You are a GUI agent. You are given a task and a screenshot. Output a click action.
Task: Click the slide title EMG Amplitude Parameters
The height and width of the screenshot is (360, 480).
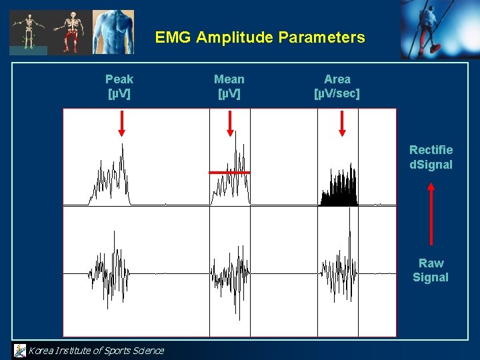pos(260,37)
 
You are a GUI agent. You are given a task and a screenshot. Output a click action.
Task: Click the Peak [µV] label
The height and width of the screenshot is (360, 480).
pos(119,87)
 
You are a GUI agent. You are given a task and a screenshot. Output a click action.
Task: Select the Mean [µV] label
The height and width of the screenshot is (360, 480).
pos(229,87)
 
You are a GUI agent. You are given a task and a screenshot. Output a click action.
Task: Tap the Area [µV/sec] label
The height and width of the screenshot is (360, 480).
pos(337,87)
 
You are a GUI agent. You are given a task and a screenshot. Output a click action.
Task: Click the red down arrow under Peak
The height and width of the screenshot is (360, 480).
pos(121,123)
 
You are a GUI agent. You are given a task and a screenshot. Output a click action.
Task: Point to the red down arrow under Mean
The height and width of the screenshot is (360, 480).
pos(230,123)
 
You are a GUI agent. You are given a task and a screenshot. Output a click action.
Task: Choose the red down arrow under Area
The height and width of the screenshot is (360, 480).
pos(342,123)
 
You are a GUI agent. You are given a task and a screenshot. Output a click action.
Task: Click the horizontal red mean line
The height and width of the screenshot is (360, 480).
pos(229,173)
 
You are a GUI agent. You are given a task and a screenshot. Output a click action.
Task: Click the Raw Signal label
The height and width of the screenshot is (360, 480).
pos(431,270)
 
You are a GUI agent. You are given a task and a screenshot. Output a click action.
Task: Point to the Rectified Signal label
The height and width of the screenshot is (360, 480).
pos(431,157)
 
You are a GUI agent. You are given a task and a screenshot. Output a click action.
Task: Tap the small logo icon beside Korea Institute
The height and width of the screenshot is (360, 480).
pos(20,350)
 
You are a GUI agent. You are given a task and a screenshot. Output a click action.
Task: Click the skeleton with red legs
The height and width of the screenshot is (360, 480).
pos(69,31)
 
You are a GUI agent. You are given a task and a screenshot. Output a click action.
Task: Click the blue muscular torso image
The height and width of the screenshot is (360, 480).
pos(113,31)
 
